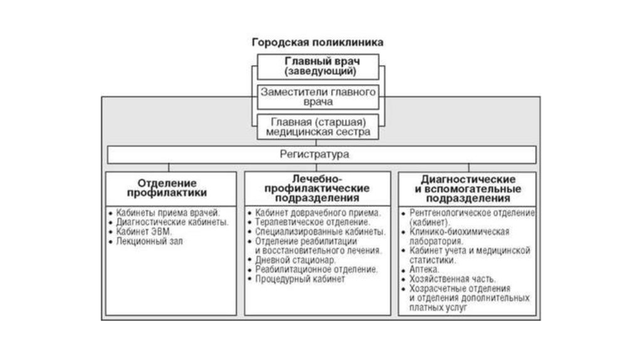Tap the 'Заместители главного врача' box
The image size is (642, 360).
[x=318, y=97]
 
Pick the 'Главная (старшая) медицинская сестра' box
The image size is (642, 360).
[x=318, y=127]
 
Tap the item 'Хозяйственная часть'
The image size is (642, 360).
[x=452, y=279]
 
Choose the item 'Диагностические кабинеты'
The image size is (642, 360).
[x=172, y=222]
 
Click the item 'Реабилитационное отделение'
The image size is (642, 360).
[x=316, y=269]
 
